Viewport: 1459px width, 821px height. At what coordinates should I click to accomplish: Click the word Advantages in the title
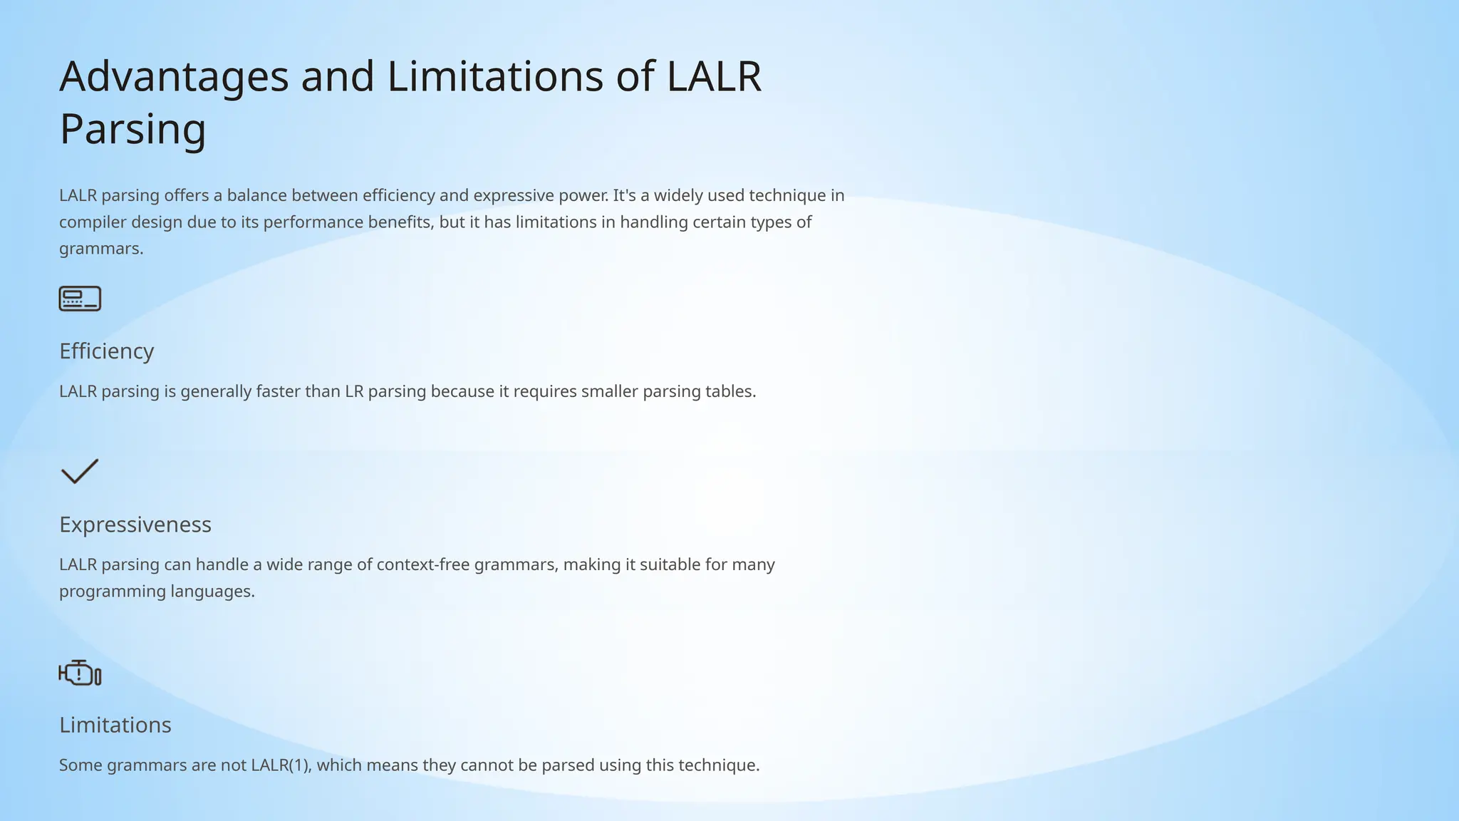(x=174, y=77)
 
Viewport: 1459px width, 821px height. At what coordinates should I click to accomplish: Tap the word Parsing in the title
(x=133, y=130)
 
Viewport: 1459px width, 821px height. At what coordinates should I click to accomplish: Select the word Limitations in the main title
(x=494, y=77)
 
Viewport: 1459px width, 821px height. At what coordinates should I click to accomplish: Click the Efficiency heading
(x=106, y=351)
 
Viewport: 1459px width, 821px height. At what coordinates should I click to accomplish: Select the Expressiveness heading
(x=135, y=525)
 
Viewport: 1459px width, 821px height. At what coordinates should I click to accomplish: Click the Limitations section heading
(x=115, y=725)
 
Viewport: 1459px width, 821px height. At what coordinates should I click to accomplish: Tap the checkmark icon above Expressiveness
(x=80, y=471)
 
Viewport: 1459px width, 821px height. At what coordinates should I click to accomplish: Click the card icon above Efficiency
(x=80, y=299)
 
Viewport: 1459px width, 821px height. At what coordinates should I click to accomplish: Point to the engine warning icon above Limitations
(x=80, y=673)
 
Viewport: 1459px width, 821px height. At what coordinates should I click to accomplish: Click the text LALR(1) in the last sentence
(x=281, y=765)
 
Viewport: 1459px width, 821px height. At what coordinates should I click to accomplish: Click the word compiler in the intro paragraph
(x=85, y=222)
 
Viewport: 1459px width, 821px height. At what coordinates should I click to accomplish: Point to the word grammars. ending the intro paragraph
(x=100, y=249)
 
